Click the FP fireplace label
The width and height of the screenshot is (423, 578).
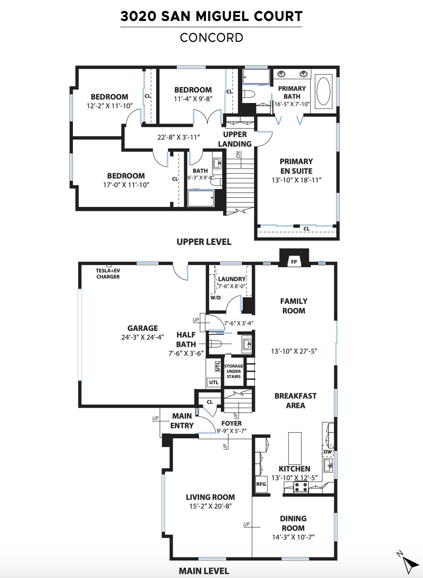click(x=294, y=262)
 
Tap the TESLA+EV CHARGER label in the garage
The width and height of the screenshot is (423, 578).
click(x=108, y=274)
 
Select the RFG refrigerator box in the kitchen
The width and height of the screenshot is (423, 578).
click(x=261, y=484)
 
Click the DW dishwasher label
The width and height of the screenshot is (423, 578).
click(x=327, y=452)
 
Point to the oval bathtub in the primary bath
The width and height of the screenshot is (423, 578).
click(x=323, y=91)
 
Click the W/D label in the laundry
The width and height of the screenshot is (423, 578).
click(x=216, y=298)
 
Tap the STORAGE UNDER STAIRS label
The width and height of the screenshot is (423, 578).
click(x=234, y=372)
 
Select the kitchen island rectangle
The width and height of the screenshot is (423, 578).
click(x=295, y=448)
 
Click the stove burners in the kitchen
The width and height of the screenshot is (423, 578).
click(x=301, y=487)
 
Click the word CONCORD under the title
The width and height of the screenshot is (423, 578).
click(x=211, y=38)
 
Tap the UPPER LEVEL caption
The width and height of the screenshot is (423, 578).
click(x=204, y=242)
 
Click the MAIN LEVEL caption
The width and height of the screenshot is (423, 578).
click(x=204, y=571)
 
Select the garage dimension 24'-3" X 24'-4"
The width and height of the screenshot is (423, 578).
click(x=143, y=337)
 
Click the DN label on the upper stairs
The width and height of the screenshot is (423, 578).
click(x=238, y=154)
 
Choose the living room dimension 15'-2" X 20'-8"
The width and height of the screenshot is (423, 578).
click(x=210, y=506)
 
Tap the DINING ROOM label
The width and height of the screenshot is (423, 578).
click(x=293, y=523)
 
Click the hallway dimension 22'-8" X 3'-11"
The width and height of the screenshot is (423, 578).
click(x=179, y=137)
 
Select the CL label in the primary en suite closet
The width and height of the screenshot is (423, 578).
click(x=306, y=229)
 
